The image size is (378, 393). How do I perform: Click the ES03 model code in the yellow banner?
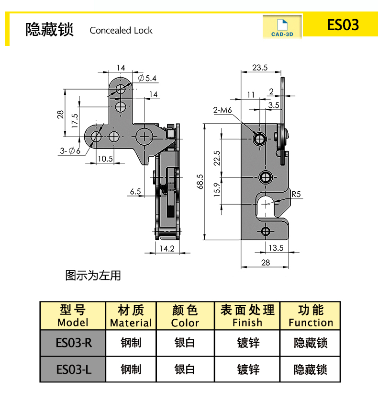pos(343,25)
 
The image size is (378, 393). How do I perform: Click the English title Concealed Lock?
pos(121,31)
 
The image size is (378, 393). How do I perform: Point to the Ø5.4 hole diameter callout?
pos(147,78)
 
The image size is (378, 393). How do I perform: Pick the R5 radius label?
pos(296,194)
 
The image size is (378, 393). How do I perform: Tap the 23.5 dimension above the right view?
pos(259,68)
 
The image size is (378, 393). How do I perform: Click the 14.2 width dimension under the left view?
pos(166,248)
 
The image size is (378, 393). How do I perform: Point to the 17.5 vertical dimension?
pos(75,120)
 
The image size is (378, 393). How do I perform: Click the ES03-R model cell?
pos(73,343)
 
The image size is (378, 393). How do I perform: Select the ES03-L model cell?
pos(73,370)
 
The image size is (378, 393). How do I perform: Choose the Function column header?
pos(311,316)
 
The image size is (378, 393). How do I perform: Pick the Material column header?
pos(131,316)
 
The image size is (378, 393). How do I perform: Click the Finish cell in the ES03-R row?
pos(248,343)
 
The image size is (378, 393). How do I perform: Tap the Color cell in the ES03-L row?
pos(185,370)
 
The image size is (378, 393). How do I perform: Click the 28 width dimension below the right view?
pos(266,262)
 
